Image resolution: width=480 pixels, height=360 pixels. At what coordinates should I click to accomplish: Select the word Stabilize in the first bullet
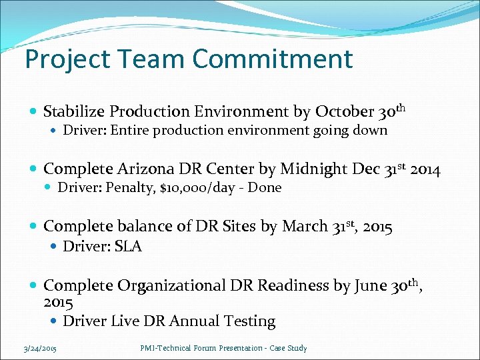(x=73, y=111)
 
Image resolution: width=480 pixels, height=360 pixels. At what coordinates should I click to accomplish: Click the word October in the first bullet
(x=344, y=111)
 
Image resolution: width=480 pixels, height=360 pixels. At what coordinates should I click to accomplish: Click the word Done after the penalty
(x=266, y=188)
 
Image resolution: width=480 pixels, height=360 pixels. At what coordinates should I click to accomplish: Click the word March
(x=304, y=227)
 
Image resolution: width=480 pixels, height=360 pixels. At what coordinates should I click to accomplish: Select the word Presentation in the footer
(x=232, y=348)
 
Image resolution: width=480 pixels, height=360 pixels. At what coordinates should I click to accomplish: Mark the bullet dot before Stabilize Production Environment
(x=33, y=111)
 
